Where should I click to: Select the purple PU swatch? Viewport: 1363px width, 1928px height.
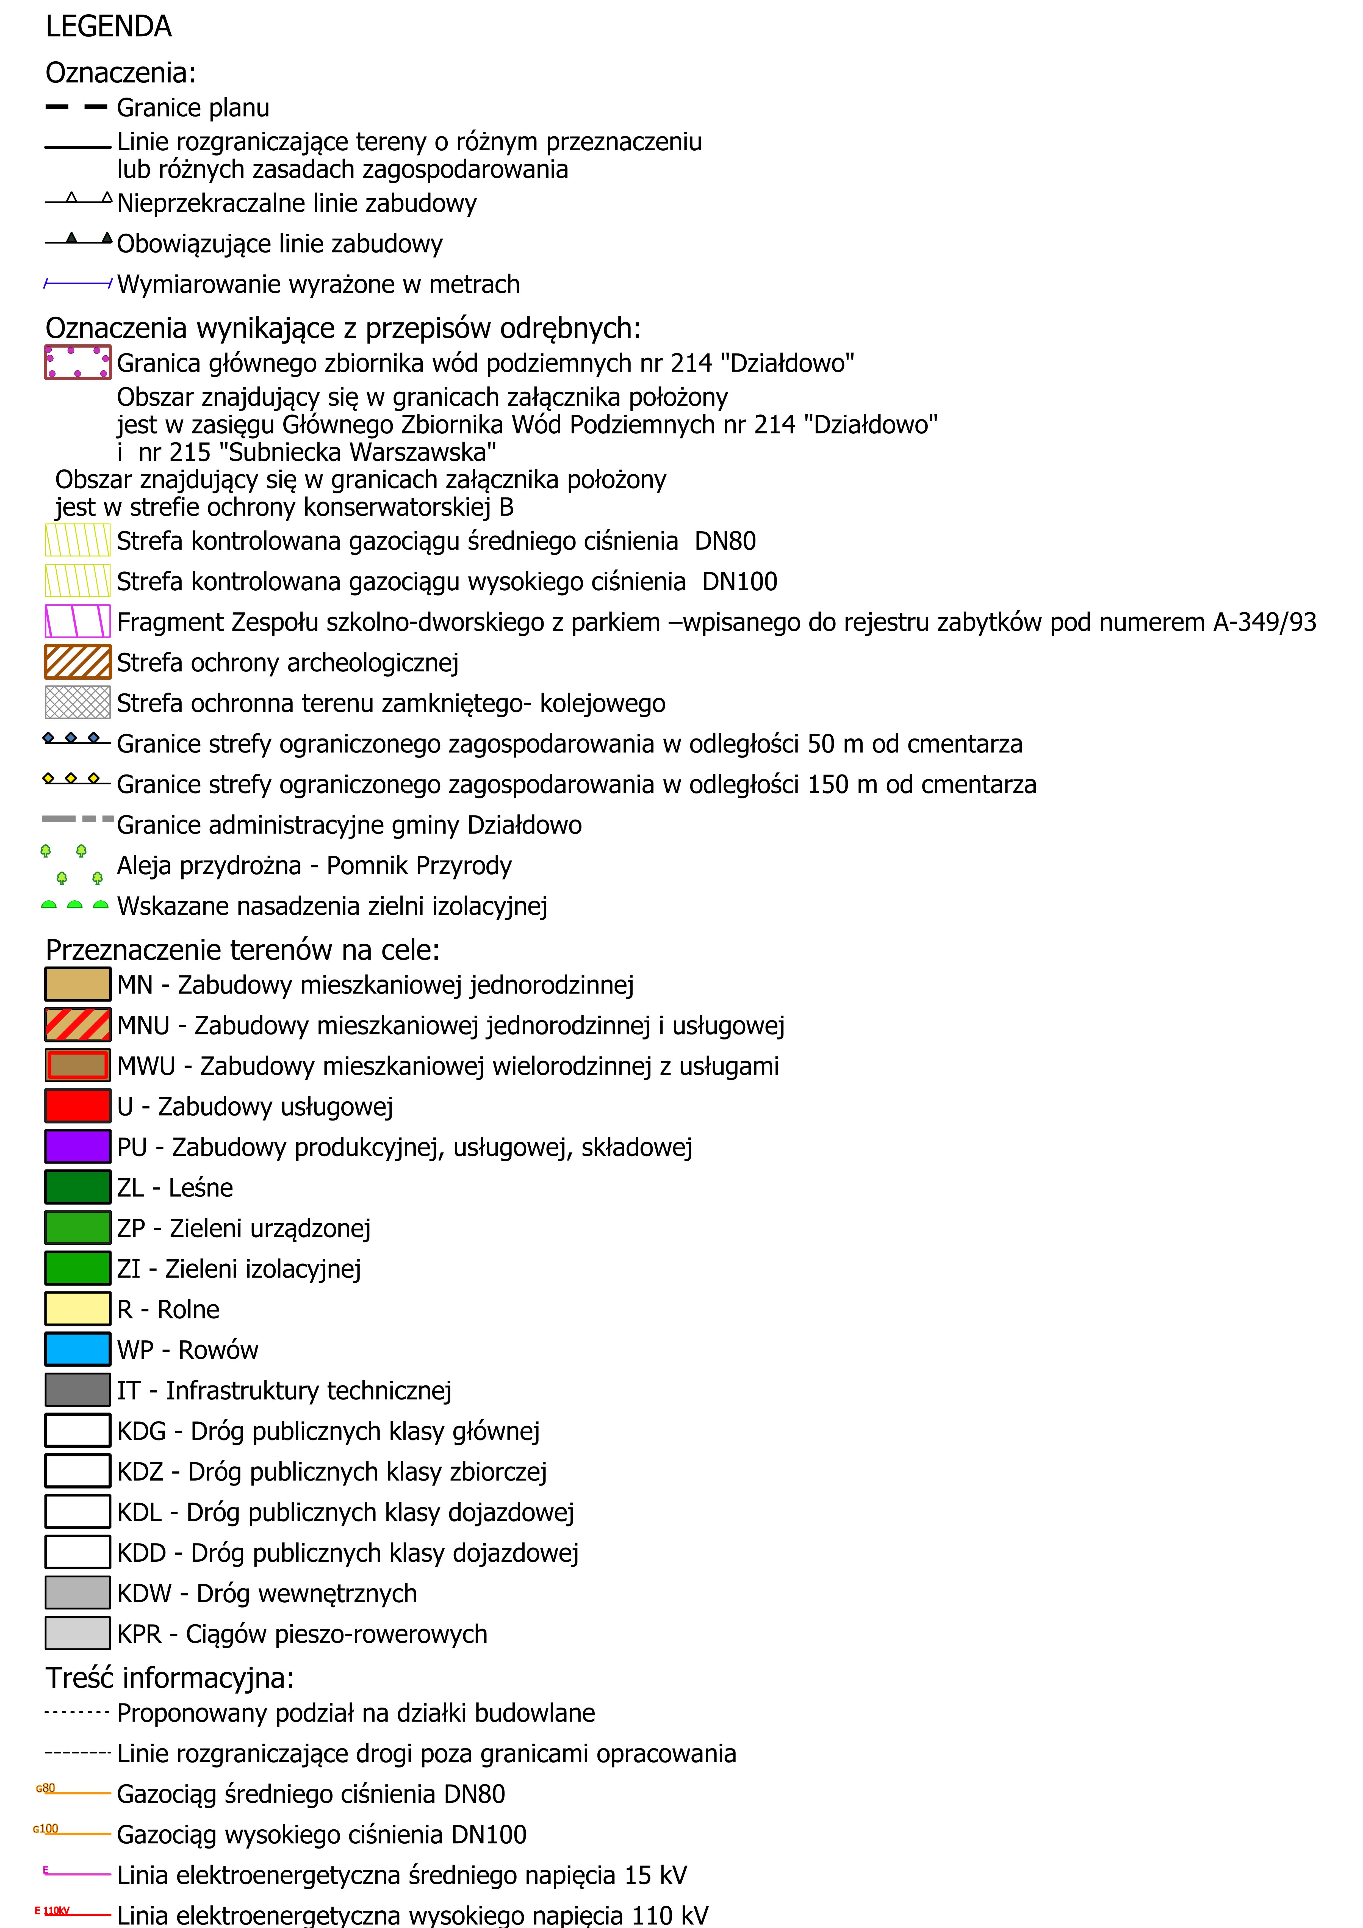(x=77, y=1146)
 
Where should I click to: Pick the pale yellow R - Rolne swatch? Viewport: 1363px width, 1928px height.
(x=77, y=1308)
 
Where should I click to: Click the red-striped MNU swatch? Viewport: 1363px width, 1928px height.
(x=77, y=1024)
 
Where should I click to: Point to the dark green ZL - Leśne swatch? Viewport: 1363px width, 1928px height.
(x=77, y=1186)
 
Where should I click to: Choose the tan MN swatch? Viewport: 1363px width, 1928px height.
(x=77, y=984)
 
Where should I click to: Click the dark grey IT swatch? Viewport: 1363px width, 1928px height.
(x=77, y=1390)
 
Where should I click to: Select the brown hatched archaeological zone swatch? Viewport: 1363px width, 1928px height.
(x=77, y=662)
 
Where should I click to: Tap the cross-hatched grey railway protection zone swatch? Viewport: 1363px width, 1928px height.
(x=77, y=702)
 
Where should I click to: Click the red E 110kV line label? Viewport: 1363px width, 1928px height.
(x=52, y=1910)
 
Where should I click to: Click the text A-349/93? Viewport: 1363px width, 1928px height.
(x=1264, y=622)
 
